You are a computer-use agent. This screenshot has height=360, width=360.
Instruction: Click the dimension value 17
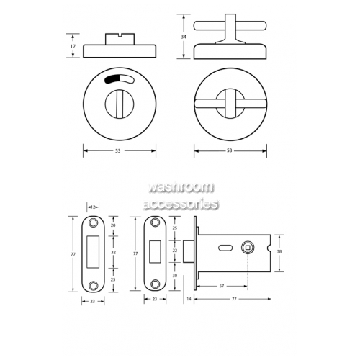(73, 46)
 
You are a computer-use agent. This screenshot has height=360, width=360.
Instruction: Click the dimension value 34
(184, 37)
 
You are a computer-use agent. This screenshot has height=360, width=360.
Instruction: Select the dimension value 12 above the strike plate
(93, 207)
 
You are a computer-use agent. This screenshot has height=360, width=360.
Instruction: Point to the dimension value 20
(113, 225)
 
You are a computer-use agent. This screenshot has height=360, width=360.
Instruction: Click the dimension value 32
(113, 253)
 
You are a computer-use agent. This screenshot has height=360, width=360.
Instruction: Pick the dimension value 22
(175, 251)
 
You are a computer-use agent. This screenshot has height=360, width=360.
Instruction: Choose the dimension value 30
(175, 276)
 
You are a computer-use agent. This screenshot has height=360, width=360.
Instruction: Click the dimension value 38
(279, 251)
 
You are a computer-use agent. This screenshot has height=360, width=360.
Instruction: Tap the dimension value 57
(222, 286)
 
